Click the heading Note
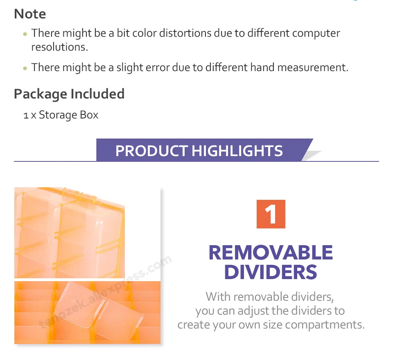pyautogui.click(x=30, y=14)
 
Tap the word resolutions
pyautogui.click(x=60, y=47)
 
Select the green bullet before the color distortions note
pyautogui.click(x=25, y=34)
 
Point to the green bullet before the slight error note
pyautogui.click(x=25, y=68)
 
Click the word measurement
pyautogui.click(x=313, y=67)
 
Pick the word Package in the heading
pyautogui.click(x=41, y=94)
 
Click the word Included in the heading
pyautogui.click(x=97, y=94)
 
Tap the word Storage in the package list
pyautogui.click(x=58, y=115)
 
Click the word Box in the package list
pyautogui.click(x=89, y=115)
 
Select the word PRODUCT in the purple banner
pyautogui.click(x=151, y=151)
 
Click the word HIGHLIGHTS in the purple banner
pyautogui.click(x=237, y=151)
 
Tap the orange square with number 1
pyautogui.click(x=271, y=214)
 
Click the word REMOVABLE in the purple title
pyautogui.click(x=271, y=253)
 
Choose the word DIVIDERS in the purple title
pyautogui.click(x=271, y=272)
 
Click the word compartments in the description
pyautogui.click(x=325, y=325)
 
